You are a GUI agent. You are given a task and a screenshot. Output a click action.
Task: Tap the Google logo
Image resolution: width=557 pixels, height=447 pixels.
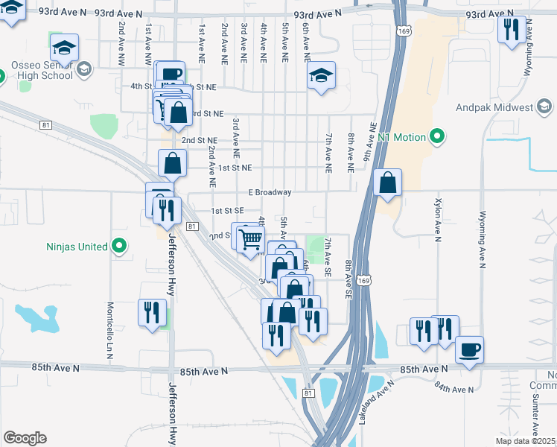(25, 438)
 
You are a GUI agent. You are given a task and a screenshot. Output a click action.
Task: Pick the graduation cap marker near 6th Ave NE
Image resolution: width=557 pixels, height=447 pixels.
(321, 75)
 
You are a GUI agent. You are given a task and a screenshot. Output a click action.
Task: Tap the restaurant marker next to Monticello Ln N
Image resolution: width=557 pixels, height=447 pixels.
(152, 312)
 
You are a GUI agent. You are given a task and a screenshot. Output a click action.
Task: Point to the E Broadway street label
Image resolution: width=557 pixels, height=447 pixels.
(270, 192)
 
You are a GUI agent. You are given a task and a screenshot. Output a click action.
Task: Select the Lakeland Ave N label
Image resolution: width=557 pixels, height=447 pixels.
(366, 405)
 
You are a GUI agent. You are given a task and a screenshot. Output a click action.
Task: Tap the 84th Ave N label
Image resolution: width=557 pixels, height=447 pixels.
(454, 390)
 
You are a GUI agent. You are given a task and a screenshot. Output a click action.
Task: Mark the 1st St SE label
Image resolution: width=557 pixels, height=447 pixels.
(228, 211)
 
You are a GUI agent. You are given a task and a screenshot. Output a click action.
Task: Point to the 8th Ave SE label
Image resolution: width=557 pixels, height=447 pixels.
(348, 279)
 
